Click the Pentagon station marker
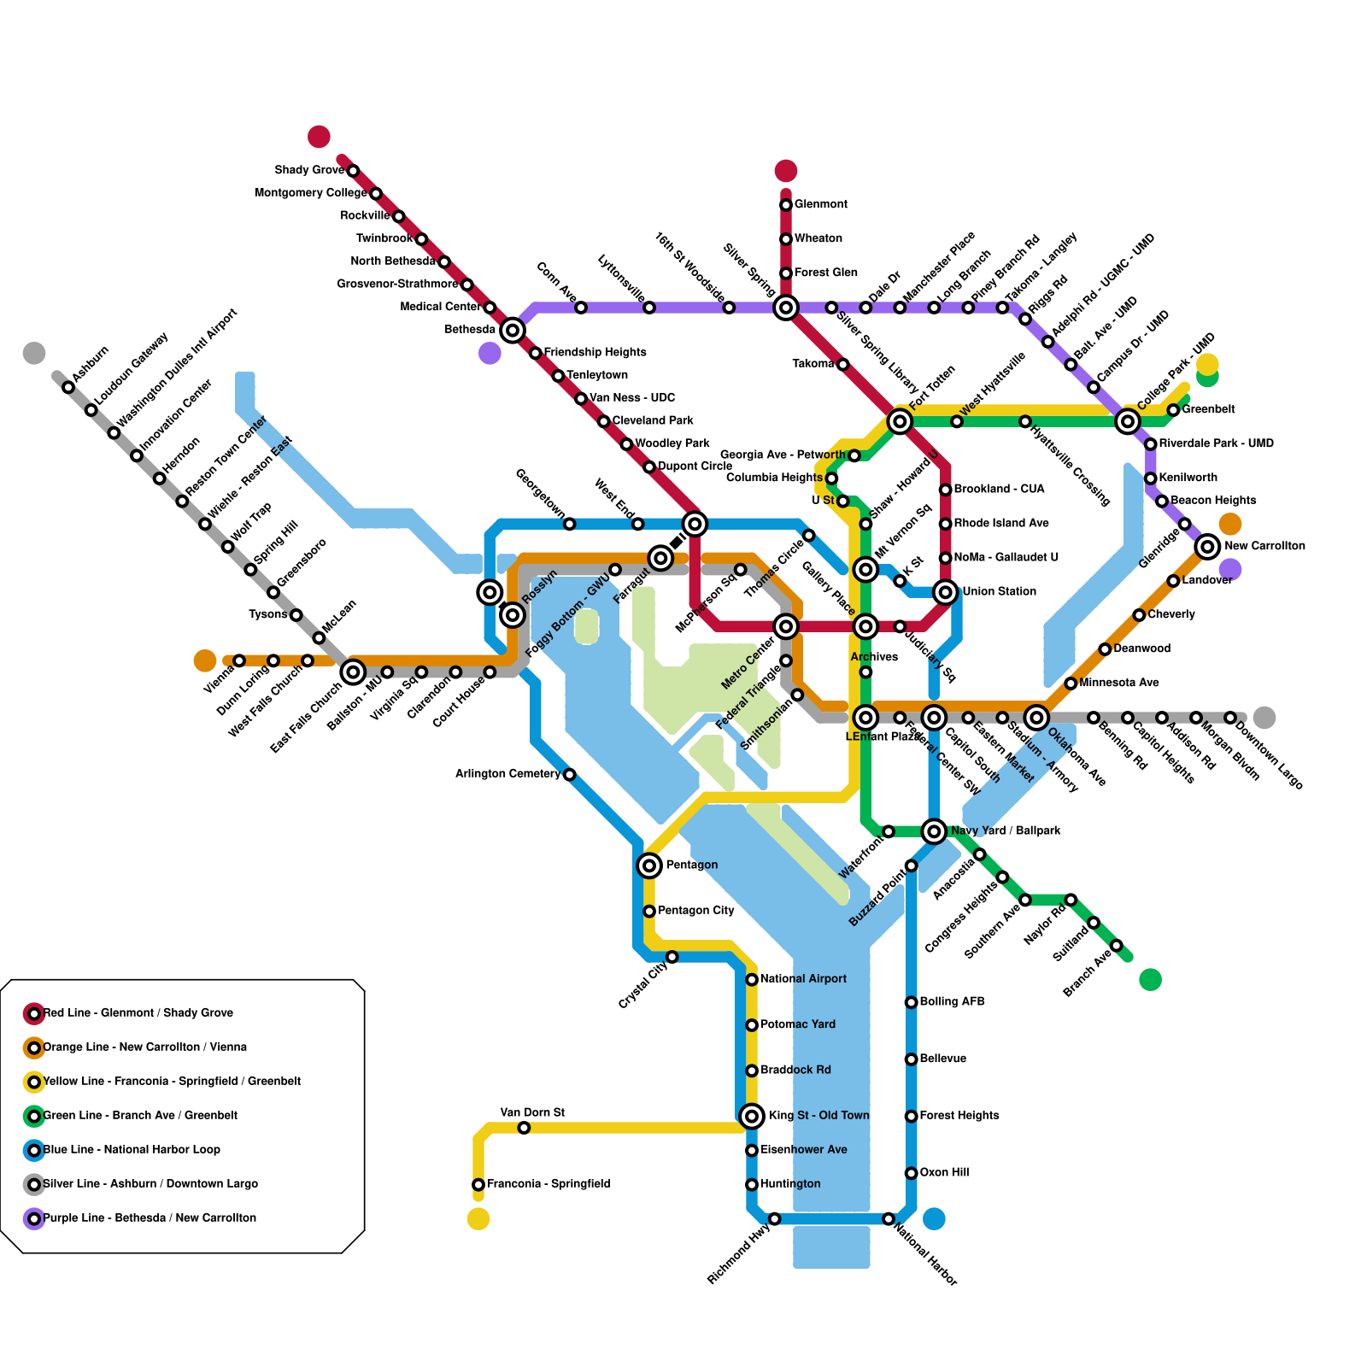(x=649, y=865)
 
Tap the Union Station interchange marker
(x=945, y=592)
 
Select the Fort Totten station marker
(x=900, y=420)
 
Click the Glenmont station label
(x=820, y=204)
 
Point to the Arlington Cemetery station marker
(x=570, y=774)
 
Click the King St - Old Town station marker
(x=752, y=1116)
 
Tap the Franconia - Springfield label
(x=548, y=1184)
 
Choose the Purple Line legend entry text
(x=150, y=1218)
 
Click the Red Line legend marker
(x=34, y=1013)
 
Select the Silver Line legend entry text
(x=150, y=1184)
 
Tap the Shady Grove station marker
(x=353, y=171)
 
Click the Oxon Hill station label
(x=944, y=1173)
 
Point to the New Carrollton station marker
(x=1207, y=546)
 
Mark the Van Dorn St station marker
(x=524, y=1128)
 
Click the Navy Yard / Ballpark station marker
(x=934, y=830)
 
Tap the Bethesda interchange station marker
(x=513, y=330)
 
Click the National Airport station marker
(x=752, y=979)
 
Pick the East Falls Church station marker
(x=353, y=672)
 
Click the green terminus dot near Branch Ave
(x=1150, y=979)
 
